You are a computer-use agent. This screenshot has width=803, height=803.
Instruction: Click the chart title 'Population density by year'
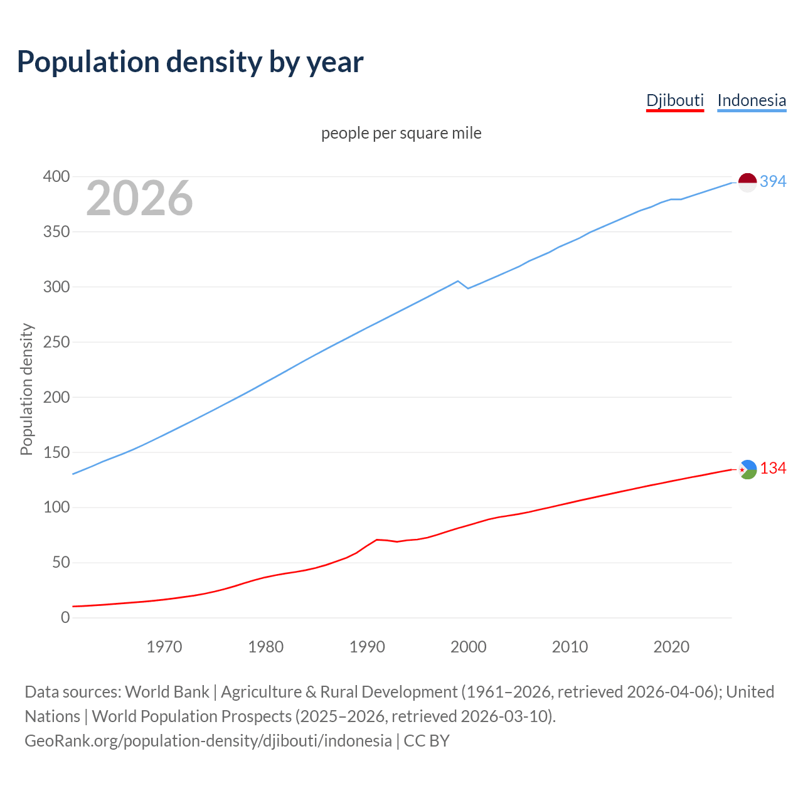[190, 61]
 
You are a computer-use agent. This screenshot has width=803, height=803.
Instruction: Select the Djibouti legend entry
[675, 100]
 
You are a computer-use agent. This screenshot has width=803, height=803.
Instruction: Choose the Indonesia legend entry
[752, 100]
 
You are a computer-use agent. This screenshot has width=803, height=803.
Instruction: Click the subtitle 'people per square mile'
[401, 133]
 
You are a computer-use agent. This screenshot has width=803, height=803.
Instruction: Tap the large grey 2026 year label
[139, 198]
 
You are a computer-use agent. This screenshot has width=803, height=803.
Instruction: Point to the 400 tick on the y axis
[56, 177]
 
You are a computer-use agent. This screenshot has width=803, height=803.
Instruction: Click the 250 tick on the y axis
[56, 343]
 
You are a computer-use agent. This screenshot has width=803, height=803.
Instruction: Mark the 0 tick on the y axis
[65, 618]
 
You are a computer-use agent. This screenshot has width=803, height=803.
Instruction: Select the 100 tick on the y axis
[56, 508]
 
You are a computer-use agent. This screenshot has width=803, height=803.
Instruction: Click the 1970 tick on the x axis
[164, 647]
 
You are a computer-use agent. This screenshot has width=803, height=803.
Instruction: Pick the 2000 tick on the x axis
[469, 647]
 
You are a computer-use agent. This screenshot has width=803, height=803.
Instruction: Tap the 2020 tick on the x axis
[671, 647]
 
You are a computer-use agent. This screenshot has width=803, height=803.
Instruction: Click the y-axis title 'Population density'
[26, 389]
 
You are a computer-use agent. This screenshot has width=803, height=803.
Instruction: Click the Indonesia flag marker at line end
[747, 183]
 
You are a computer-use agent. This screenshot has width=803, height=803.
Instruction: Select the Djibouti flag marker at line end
[747, 469]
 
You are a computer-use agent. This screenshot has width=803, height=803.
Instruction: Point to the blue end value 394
[773, 181]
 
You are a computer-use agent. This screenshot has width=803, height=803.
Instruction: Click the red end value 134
[773, 469]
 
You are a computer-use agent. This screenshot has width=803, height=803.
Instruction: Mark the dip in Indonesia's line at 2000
[468, 288]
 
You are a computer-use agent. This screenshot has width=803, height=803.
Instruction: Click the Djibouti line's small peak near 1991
[376, 540]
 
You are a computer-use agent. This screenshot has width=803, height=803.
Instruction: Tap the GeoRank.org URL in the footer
[208, 741]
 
